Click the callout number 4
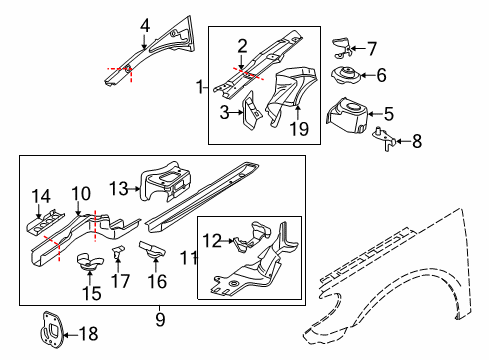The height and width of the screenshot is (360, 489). (145, 26)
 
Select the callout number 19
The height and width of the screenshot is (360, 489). (299, 128)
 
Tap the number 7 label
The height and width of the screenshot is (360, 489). (372, 49)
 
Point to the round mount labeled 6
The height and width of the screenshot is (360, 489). (346, 76)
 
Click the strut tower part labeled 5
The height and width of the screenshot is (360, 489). (347, 115)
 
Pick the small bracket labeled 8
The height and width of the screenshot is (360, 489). (385, 139)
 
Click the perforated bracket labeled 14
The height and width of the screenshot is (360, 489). (45, 222)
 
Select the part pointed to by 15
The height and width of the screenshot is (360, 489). (90, 262)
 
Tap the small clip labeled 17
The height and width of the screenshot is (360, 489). (117, 252)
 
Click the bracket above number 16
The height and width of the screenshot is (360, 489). (153, 250)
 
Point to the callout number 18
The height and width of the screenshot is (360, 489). (89, 334)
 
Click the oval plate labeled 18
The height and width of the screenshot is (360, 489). (51, 330)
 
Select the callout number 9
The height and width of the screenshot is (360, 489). (160, 320)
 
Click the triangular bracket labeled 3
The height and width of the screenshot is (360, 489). (251, 111)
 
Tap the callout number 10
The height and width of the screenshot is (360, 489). (81, 194)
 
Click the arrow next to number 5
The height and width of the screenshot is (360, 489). (376, 114)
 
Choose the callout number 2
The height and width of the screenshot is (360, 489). (242, 46)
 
